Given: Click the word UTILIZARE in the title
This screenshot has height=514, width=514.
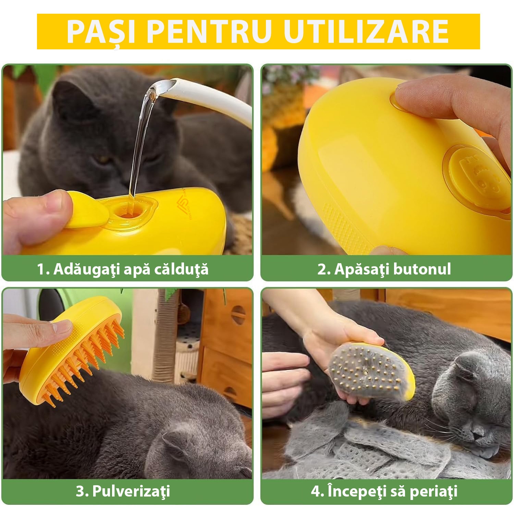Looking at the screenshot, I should point(366,32).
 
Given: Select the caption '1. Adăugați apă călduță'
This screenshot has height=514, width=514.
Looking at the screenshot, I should point(123,269).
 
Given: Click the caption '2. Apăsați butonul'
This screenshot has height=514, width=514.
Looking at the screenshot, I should point(384,269).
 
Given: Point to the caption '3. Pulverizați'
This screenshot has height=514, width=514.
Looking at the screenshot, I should point(123,491).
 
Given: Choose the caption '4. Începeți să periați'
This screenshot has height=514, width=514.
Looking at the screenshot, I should point(384,491).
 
